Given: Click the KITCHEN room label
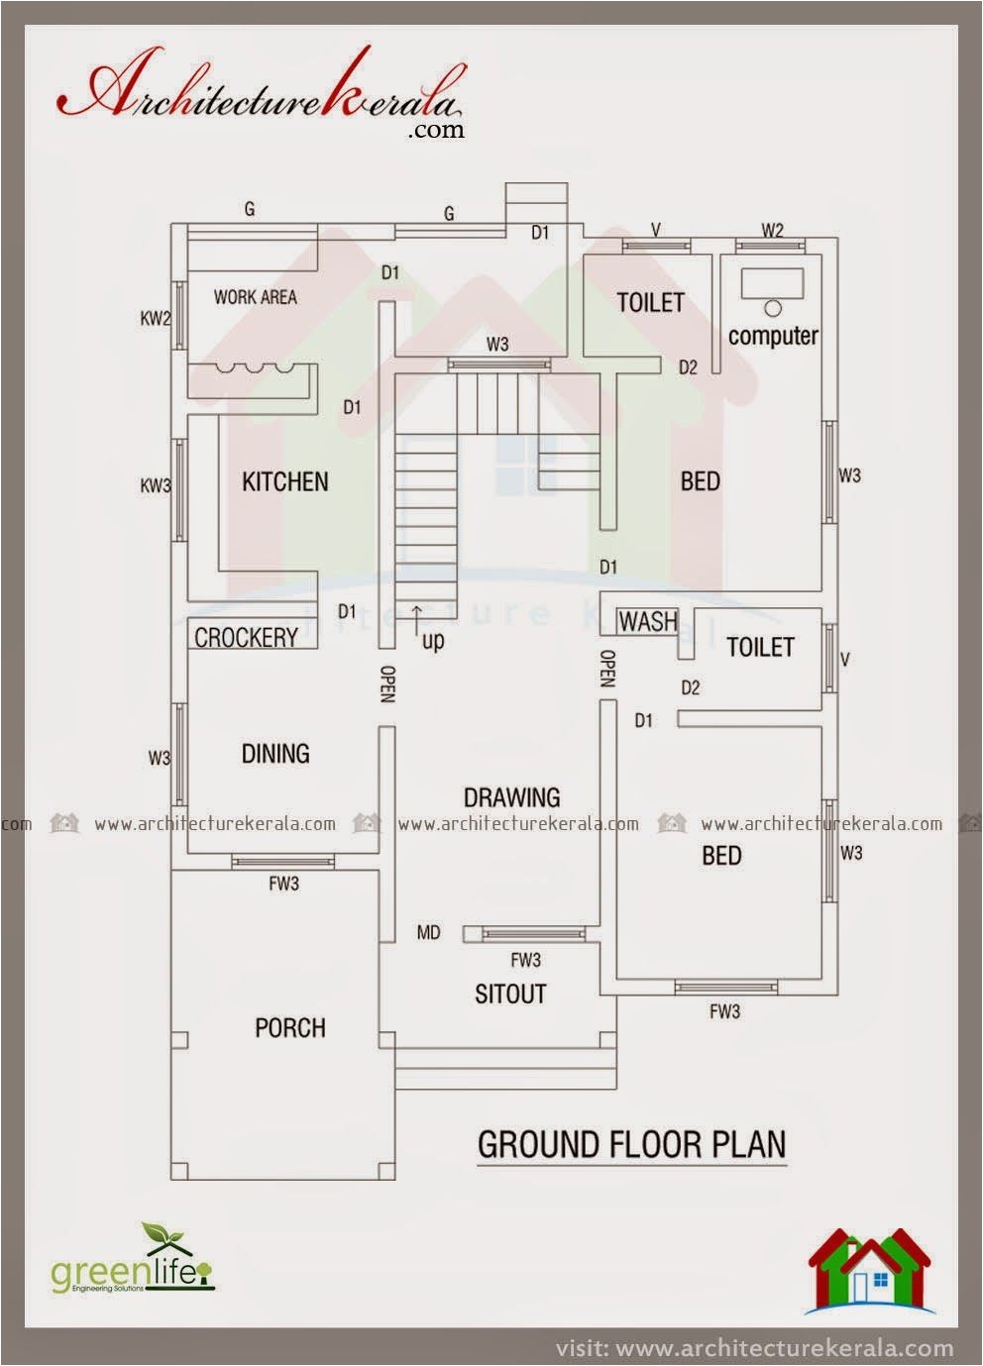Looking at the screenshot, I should (x=284, y=482).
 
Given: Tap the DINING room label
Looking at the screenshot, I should (x=275, y=754).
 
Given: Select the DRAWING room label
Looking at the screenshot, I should (x=511, y=797).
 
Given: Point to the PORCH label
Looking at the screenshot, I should (x=289, y=1028).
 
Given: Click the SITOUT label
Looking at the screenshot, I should (x=510, y=994).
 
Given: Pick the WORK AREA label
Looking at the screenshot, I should (x=255, y=297).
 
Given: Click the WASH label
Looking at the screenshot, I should (x=647, y=622).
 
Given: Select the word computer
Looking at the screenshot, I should (x=773, y=337).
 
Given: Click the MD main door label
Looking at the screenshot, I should (x=428, y=933).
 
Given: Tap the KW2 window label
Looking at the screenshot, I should (x=155, y=319).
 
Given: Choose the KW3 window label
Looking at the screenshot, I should (x=155, y=485).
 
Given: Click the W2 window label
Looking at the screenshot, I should (x=772, y=231).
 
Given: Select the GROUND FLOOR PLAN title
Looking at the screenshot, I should (x=631, y=1145).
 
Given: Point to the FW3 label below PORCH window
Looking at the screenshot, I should (x=283, y=884).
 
